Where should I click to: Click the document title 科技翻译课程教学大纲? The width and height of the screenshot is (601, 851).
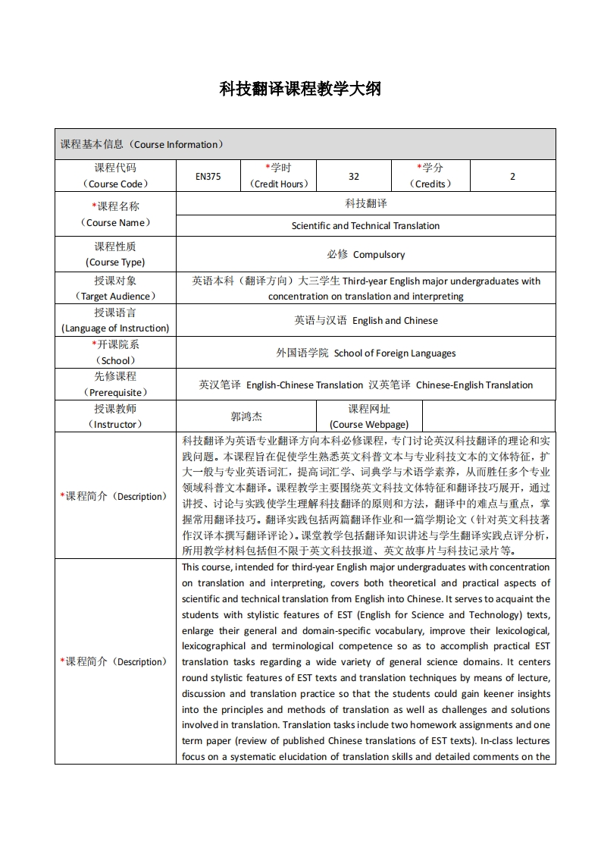coord(300,89)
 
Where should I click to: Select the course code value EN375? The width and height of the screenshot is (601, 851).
coord(208,177)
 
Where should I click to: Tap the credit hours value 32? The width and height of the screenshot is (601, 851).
coord(354,177)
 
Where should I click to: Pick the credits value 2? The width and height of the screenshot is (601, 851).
coord(512,177)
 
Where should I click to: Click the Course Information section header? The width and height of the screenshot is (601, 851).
coord(142,144)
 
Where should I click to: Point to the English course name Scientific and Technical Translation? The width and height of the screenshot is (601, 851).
coord(365,225)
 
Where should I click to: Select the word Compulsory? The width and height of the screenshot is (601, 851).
coord(379,255)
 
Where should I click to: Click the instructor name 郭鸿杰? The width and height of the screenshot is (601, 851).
coord(246,416)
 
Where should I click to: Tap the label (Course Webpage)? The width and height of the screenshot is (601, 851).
coord(369,425)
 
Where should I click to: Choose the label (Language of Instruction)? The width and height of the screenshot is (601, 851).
coord(115,328)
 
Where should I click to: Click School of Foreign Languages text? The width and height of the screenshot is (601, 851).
coord(395,353)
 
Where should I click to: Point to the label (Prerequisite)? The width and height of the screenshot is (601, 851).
coord(115,392)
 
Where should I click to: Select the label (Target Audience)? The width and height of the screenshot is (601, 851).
coord(115,297)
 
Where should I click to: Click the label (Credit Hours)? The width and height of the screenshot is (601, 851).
coord(278,184)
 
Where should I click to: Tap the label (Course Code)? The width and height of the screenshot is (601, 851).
coord(115,184)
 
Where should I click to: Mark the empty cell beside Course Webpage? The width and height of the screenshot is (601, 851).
coord(488,416)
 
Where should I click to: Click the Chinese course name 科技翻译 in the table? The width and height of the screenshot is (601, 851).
coord(365,204)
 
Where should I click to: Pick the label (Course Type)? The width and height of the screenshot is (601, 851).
coord(115,262)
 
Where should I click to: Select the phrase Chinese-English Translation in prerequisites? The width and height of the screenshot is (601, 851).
coord(474,385)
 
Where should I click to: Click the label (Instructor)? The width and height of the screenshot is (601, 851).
coord(115,425)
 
